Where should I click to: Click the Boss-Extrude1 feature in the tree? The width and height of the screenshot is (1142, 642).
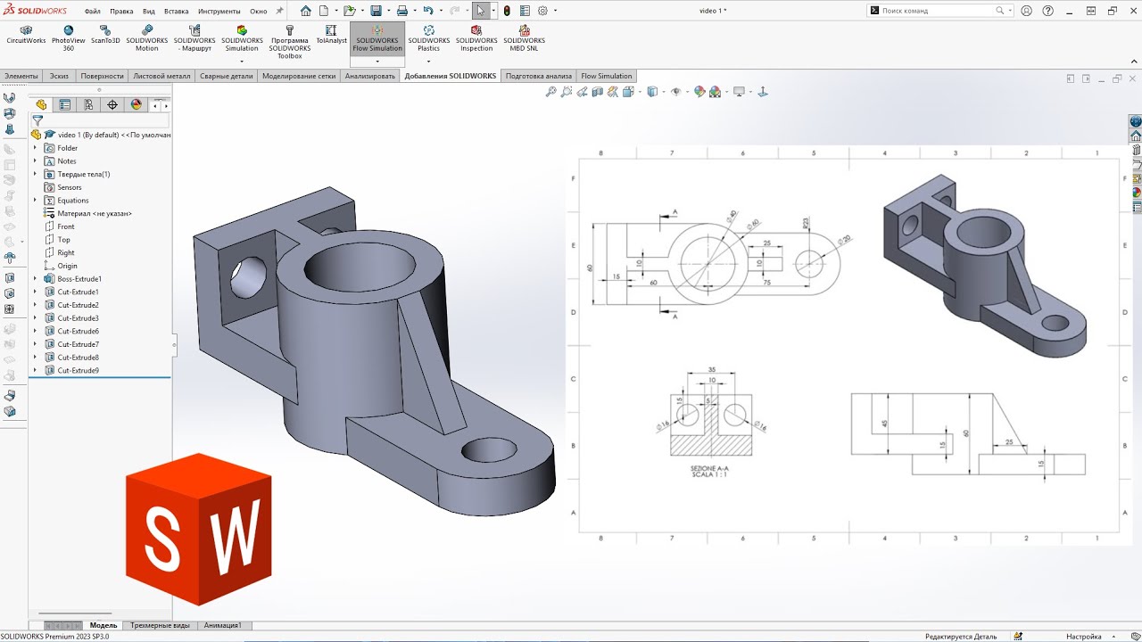coord(79,279)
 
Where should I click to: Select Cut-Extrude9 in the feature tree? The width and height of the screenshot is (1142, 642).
coord(78,370)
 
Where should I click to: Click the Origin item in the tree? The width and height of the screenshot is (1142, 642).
coord(67,266)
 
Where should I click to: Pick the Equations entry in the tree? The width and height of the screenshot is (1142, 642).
coord(72,201)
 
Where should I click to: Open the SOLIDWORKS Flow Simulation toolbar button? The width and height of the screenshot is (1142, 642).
coord(377,40)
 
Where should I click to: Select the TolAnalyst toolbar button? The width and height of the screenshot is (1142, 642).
coord(331,36)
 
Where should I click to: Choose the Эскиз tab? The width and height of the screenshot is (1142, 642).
coord(59,76)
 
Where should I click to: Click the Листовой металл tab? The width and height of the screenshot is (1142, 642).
coord(161,76)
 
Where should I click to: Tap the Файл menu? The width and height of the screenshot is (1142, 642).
coord(92,12)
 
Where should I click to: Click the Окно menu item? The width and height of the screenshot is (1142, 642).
coord(258,12)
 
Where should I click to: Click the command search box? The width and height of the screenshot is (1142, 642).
coord(937,11)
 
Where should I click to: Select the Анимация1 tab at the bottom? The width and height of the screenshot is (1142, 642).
coord(223,625)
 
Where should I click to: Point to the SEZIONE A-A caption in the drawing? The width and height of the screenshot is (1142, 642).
coord(709,468)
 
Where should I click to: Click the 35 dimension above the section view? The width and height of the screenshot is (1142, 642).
coord(711,368)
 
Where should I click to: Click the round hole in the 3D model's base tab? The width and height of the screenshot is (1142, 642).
coord(487,449)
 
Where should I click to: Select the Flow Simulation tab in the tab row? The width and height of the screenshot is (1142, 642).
coord(606,76)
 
